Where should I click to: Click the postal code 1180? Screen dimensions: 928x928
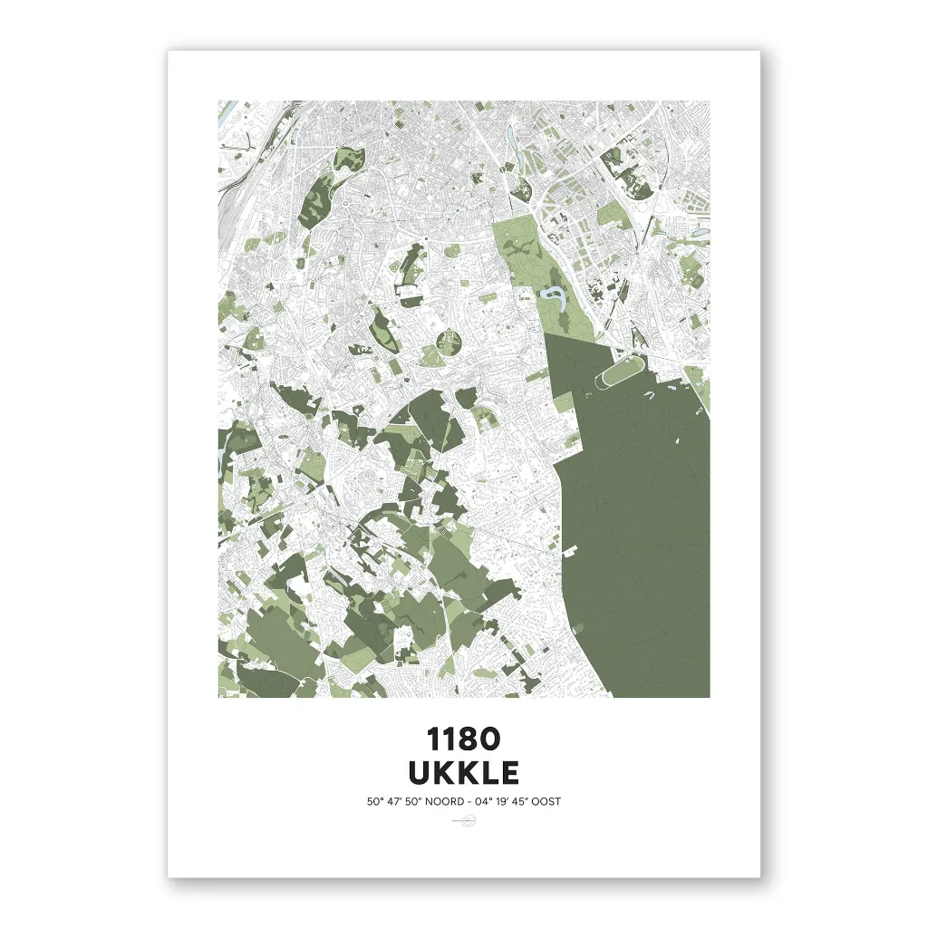pos(463,739)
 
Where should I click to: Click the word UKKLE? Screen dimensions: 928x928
pos(463,773)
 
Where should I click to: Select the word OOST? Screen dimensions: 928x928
pos(557,801)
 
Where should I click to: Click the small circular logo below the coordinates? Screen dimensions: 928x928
pos(463,821)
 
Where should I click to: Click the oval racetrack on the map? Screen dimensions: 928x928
pos(619,373)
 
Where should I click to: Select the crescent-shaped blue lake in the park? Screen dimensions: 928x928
pos(551,295)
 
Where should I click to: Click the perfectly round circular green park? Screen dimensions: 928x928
pos(448,343)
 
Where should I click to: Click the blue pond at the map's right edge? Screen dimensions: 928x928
pos(700,232)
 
